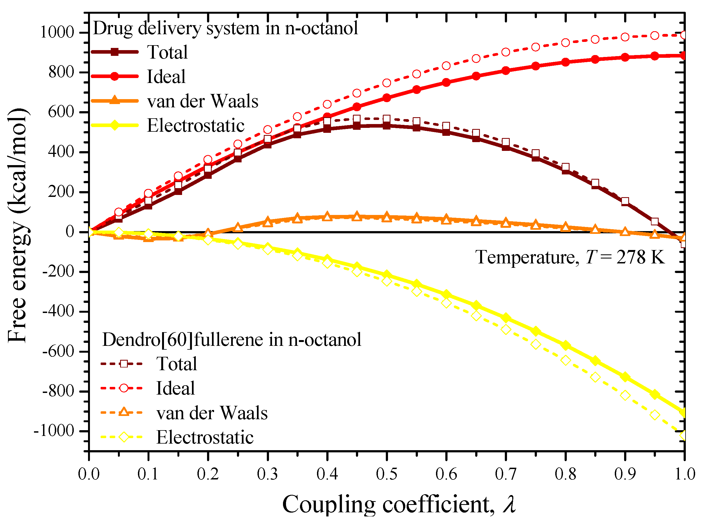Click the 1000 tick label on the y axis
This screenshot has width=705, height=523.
(x=57, y=32)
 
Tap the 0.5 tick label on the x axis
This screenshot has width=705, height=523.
(x=386, y=474)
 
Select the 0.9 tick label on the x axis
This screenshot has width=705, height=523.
(x=625, y=474)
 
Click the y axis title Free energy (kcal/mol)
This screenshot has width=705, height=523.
(x=18, y=225)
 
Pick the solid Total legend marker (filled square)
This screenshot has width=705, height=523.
(x=115, y=52)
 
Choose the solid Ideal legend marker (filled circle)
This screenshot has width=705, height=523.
(x=115, y=76)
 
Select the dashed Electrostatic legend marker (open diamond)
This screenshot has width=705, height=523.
(x=124, y=437)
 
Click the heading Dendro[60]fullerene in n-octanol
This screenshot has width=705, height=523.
(x=232, y=340)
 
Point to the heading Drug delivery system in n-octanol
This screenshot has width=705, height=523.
(x=225, y=28)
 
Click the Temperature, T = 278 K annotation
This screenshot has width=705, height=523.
(x=570, y=257)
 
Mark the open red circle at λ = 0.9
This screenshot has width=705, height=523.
(x=625, y=37)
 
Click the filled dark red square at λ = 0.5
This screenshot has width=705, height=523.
(x=386, y=125)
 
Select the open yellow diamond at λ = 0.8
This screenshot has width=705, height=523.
(x=565, y=360)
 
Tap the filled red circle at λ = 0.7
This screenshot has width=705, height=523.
(x=506, y=70)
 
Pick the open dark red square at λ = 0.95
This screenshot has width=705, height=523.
(x=655, y=221)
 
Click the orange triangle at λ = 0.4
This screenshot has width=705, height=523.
(x=327, y=217)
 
